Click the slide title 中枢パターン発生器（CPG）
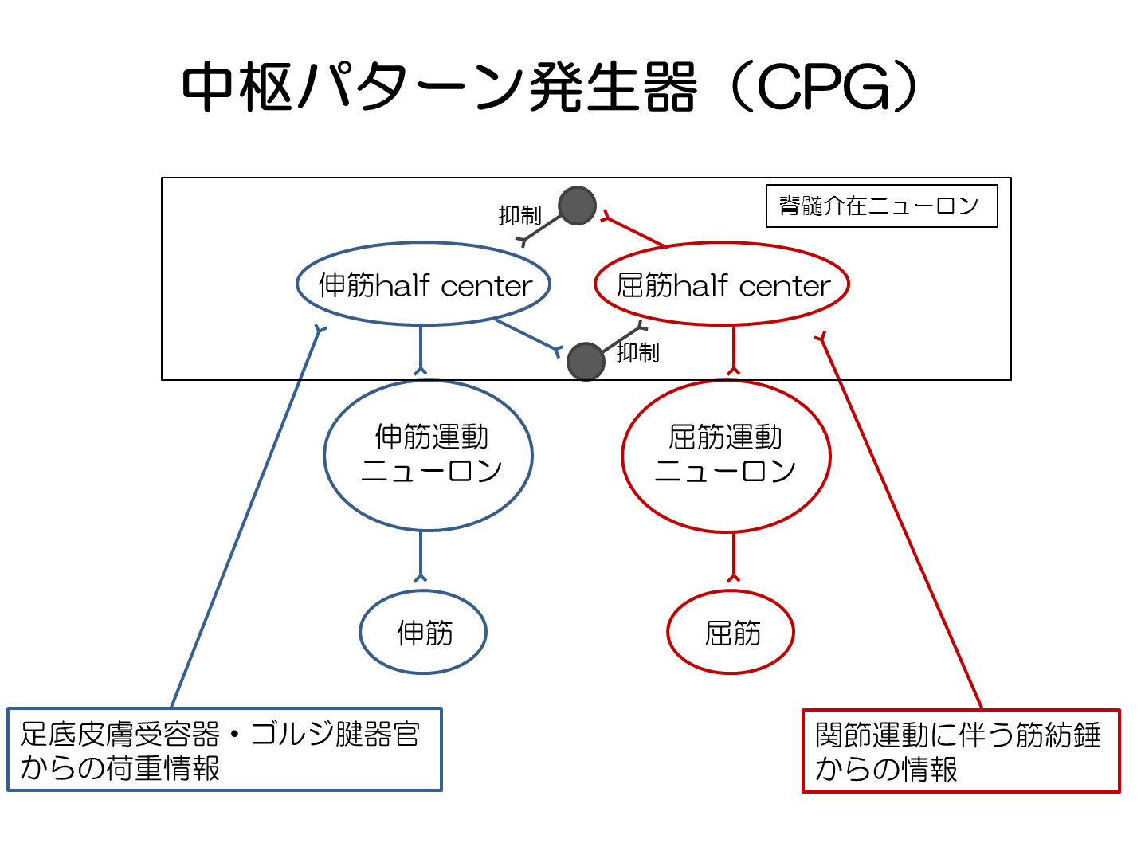tap(550, 86)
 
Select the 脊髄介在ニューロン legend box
tap(880, 206)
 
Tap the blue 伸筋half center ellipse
tap(424, 284)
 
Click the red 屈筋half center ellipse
tap(722, 284)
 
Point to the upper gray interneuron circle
tap(577, 206)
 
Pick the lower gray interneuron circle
tap(586, 362)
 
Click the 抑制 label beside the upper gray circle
tap(519, 215)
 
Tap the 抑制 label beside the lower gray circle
tap(637, 352)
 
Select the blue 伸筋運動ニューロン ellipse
tap(429, 455)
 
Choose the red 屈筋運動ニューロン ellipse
tap(726, 455)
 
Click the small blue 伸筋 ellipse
tap(423, 633)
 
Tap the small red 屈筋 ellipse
tap(731, 633)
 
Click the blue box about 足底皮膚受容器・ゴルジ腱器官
tap(224, 750)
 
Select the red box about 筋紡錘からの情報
tap(960, 751)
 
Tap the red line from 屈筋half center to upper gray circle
tap(635, 232)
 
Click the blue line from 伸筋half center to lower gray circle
tap(526, 335)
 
